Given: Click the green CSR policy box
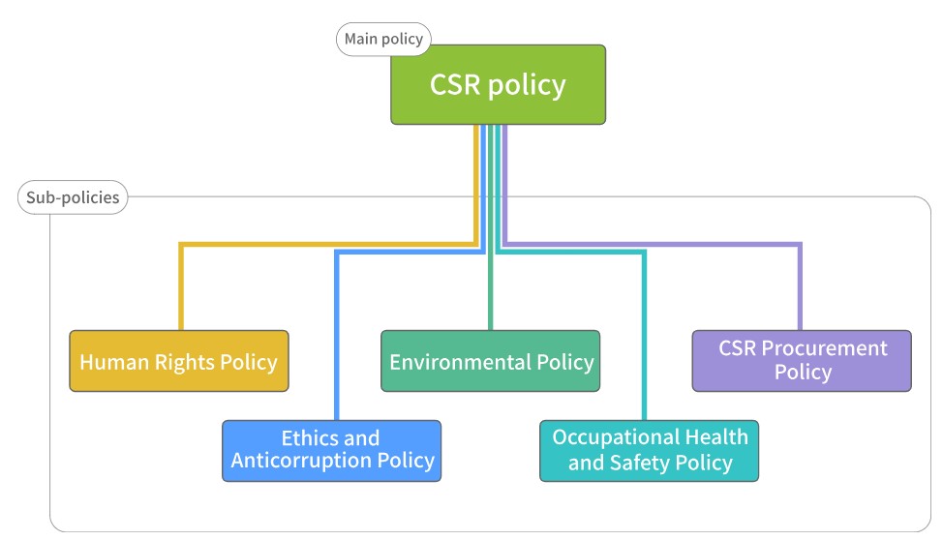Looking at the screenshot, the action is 498,85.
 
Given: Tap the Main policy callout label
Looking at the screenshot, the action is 383,39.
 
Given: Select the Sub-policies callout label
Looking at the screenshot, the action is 73,197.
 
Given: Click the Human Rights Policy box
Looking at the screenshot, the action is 179,361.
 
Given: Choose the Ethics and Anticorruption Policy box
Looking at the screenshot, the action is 331,451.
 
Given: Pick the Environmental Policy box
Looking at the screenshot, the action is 490,361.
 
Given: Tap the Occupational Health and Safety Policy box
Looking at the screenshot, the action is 649,451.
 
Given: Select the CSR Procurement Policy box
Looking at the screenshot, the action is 802,361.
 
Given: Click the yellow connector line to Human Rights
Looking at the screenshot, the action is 328,244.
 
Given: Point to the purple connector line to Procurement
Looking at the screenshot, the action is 653,244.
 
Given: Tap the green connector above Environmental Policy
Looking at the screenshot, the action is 491,227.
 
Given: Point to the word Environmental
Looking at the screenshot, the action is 460,362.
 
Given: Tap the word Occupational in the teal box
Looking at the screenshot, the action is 615,437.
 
